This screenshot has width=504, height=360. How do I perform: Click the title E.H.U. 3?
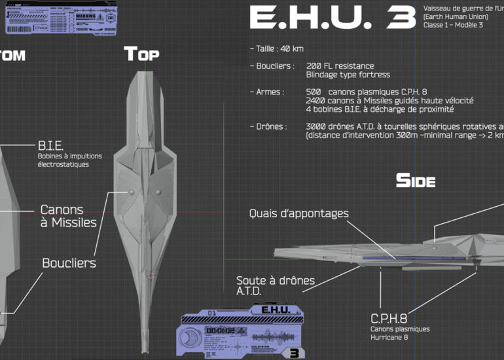click(x=332, y=19)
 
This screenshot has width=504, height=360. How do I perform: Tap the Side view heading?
click(x=415, y=181)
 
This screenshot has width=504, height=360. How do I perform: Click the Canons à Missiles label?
click(x=68, y=216)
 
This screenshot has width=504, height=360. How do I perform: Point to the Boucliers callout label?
click(x=69, y=263)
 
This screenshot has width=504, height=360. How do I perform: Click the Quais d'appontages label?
click(x=298, y=213)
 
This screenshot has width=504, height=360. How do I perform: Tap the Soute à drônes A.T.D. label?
click(x=275, y=285)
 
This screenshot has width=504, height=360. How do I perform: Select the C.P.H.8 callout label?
click(x=389, y=319)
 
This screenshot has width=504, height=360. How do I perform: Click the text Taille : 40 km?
click(x=276, y=48)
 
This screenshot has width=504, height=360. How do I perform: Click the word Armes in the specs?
click(x=269, y=92)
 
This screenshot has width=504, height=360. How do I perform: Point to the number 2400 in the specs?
click(x=315, y=101)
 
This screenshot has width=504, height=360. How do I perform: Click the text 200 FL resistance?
click(x=340, y=66)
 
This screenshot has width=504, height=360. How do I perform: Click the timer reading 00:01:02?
click(x=220, y=331)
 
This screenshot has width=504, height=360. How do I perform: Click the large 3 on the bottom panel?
click(x=294, y=352)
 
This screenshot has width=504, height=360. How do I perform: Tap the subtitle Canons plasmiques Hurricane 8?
click(x=399, y=333)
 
